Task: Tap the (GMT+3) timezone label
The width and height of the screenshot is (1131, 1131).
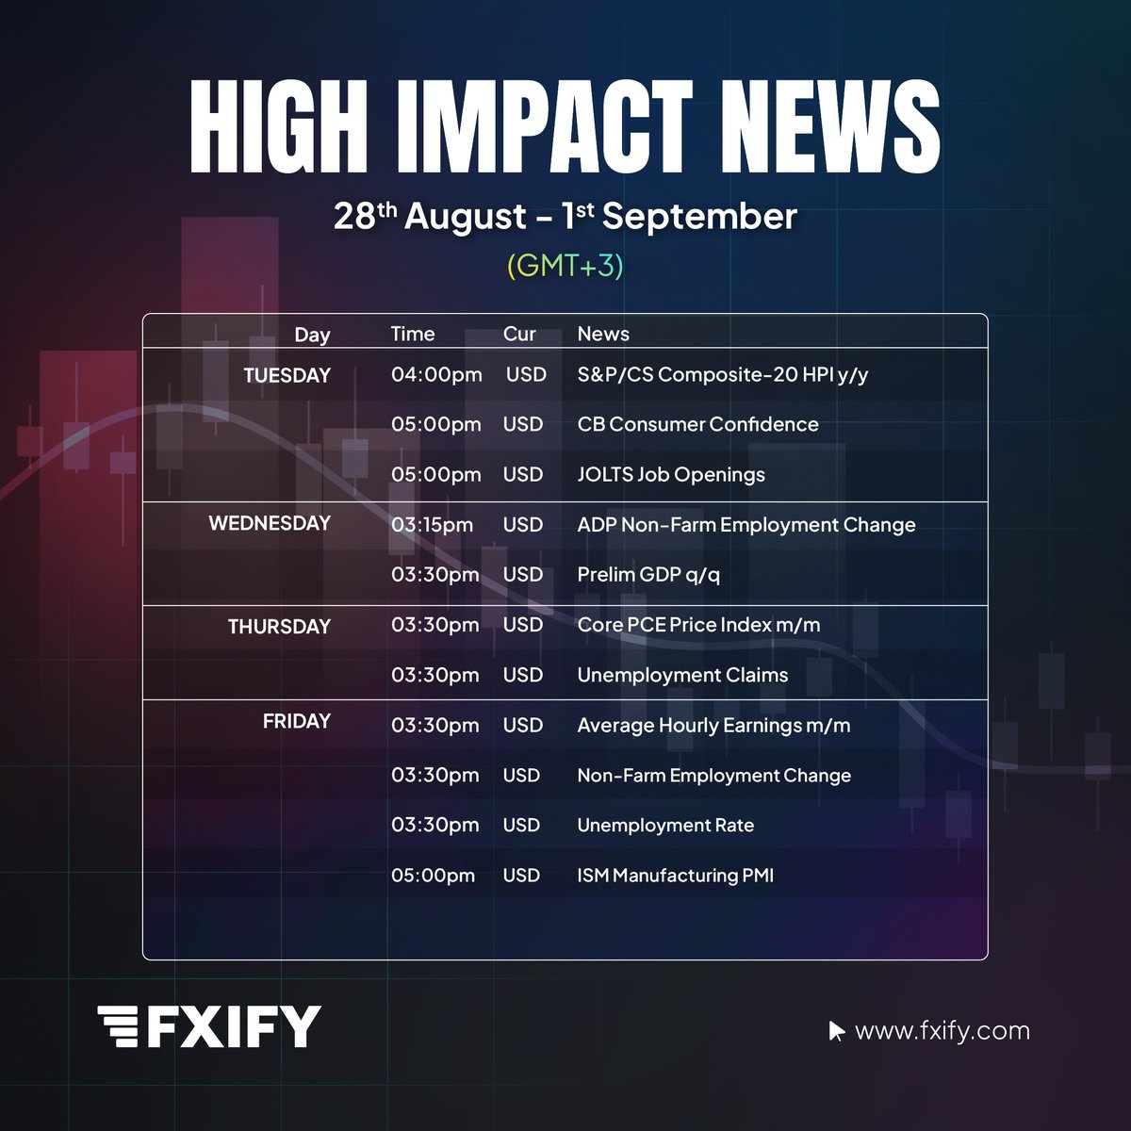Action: pos(565,266)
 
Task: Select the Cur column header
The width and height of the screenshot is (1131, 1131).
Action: pos(519,334)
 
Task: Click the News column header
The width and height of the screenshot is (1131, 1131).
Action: pos(603,334)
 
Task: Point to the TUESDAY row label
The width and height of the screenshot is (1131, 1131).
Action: pos(287,375)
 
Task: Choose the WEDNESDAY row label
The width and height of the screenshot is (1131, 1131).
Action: pos(270,523)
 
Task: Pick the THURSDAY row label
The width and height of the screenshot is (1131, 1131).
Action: pos(279,627)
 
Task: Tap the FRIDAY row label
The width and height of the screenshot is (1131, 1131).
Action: pos(297,721)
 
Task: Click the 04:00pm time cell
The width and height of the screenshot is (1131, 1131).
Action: pos(436,375)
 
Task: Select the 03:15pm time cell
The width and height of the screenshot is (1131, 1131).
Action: pos(433,525)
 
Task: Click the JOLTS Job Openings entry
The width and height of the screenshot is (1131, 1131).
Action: pos(671,475)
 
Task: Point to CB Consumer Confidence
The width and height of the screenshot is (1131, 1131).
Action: pos(697,424)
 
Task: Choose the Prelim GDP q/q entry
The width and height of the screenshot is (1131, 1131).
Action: pos(648,575)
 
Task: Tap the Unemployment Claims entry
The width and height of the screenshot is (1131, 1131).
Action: pos(682,675)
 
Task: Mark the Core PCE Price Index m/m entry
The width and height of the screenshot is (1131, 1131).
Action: pos(698,625)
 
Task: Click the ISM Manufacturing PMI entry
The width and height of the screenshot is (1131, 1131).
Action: pos(675,876)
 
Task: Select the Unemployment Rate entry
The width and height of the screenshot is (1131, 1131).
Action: pos(665,826)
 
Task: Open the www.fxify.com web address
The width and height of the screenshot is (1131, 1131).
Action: pos(942,1031)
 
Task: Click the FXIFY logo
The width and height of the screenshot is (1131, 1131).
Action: pos(209,1026)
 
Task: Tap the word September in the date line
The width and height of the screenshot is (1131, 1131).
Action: pos(699,217)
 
